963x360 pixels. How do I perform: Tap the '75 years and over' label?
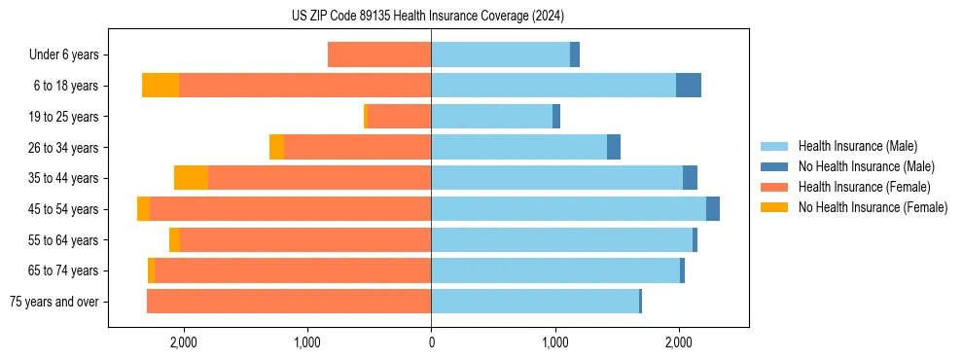coord(54,302)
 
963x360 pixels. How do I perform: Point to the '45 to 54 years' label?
coord(63,209)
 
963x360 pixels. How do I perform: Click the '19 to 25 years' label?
coord(63,117)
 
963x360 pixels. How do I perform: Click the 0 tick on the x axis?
coord(431,342)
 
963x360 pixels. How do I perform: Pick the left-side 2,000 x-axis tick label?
coord(184,342)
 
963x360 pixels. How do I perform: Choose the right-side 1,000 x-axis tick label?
coord(555,342)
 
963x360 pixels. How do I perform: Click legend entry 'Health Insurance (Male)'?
coord(857,146)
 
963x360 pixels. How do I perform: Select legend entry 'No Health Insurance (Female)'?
coord(873,207)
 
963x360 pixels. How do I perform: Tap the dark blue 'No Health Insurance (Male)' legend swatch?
coord(775,166)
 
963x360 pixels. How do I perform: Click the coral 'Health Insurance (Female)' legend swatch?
coord(775,187)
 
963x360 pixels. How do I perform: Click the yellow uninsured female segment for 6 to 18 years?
coord(160,86)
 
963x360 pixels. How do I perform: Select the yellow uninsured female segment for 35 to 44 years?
coord(191,178)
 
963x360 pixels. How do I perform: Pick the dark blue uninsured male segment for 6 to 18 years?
coord(689,86)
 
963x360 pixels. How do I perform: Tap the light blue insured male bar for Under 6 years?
coord(500,54)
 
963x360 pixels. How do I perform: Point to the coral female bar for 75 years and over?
coord(289,302)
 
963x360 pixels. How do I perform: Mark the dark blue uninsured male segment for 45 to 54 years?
coord(713,209)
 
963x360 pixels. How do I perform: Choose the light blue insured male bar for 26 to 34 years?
coord(518,147)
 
